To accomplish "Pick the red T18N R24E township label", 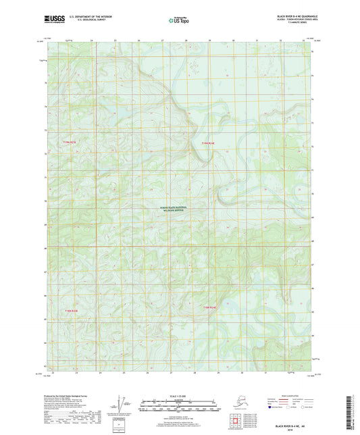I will point(209,307).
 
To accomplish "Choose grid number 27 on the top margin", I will point(162,41).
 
